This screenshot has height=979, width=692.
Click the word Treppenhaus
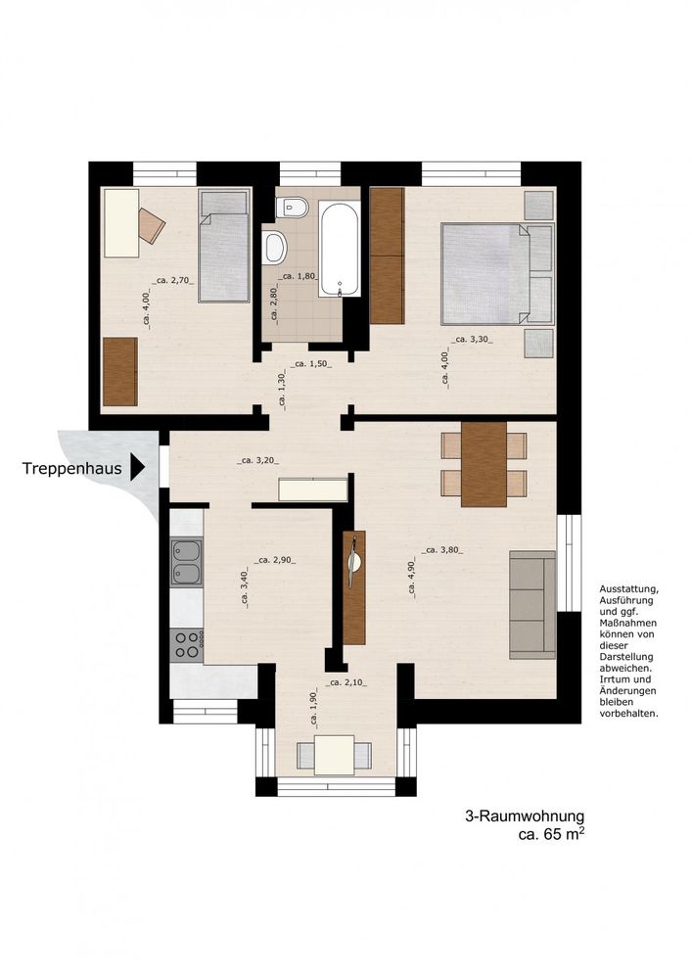(71, 468)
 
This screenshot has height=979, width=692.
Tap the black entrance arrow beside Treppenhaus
(137, 467)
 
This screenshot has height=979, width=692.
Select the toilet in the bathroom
(293, 208)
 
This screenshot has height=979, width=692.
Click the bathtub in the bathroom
(340, 250)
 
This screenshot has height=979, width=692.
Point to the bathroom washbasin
(273, 247)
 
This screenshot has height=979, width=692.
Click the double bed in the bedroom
(497, 274)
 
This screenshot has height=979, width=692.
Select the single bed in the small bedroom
(224, 246)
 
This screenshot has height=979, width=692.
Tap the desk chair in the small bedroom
(152, 225)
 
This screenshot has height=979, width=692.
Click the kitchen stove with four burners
(187, 645)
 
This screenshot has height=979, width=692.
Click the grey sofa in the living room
(532, 605)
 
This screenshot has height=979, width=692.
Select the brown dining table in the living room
(484, 464)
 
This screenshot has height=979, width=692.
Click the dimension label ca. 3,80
(442, 550)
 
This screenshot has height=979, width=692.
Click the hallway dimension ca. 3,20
(257, 461)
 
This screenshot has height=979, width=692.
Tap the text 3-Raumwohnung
(525, 816)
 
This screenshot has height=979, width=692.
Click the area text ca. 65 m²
(552, 834)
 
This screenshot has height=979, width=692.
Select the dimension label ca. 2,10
(346, 682)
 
